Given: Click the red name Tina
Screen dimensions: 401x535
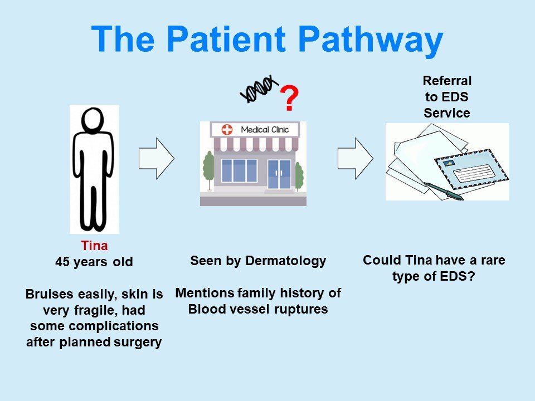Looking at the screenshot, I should (x=94, y=246).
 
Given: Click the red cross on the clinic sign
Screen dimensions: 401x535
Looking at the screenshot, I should (x=227, y=130).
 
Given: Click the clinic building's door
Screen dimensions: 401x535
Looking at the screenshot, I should (x=279, y=173).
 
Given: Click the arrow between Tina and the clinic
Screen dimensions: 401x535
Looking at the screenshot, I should (x=156, y=158).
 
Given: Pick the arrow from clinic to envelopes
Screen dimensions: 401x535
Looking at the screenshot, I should (x=355, y=158).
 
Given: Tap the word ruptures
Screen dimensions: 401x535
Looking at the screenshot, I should (x=302, y=309).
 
